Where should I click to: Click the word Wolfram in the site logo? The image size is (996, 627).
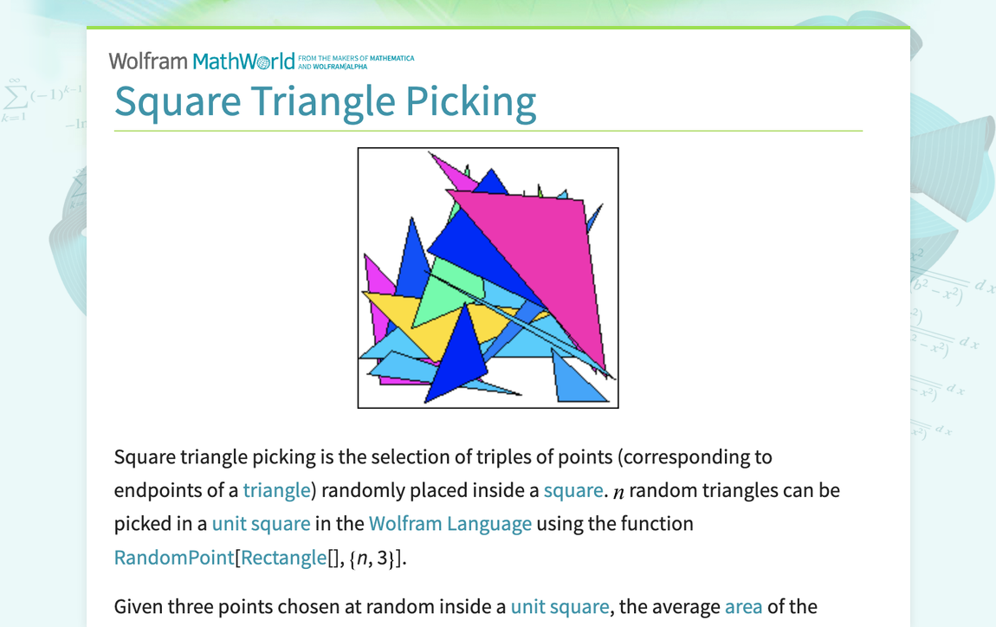tap(148, 61)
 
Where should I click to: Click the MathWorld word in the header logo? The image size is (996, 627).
tap(243, 61)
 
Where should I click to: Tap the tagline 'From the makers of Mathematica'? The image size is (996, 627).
tap(356, 59)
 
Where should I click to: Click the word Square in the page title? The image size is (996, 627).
tap(178, 101)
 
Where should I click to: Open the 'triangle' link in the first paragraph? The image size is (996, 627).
tap(276, 490)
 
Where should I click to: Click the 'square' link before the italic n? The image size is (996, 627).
tap(572, 490)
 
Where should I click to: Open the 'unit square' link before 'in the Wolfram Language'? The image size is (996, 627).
tap(261, 524)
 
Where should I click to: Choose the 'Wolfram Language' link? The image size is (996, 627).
tap(449, 524)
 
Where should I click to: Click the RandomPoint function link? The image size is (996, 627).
tap(174, 558)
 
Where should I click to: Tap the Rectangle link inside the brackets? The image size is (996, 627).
tap(284, 558)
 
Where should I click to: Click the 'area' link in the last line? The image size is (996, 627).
tap(743, 606)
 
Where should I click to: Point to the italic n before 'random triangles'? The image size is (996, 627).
tap(618, 492)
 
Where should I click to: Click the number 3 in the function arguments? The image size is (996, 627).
tap(382, 558)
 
